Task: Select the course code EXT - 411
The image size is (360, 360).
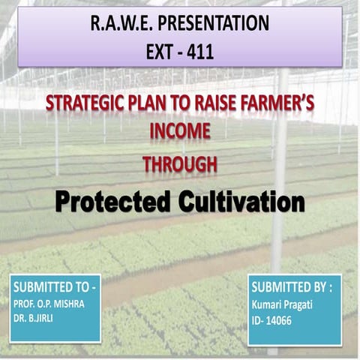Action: point(179,54)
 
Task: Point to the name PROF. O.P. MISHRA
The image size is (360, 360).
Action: point(49,304)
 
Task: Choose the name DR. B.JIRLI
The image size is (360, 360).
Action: point(35,318)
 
